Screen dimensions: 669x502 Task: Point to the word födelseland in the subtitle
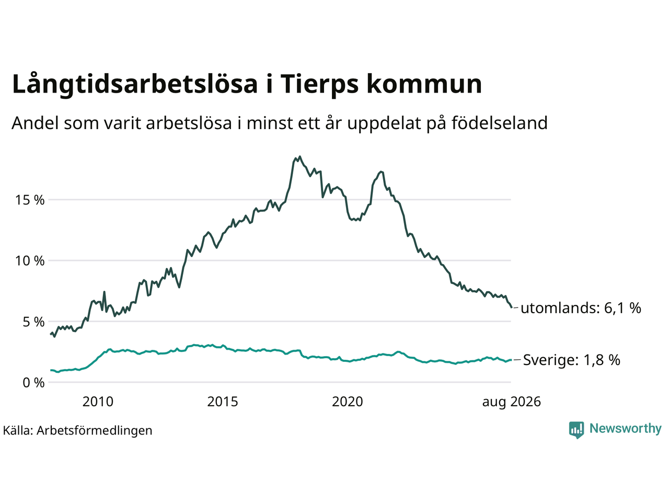(499, 123)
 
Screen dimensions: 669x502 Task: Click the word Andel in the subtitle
(36, 123)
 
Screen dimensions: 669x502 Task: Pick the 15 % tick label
(30, 200)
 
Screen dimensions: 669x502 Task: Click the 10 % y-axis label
(30, 261)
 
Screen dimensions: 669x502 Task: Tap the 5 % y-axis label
(34, 322)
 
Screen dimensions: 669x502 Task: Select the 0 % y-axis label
(34, 383)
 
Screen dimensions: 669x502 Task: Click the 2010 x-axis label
(98, 402)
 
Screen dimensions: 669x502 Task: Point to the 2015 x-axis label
(223, 402)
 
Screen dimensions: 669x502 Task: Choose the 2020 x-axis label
(348, 402)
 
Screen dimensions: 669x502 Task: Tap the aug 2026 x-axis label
(512, 402)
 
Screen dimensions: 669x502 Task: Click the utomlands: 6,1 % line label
(581, 308)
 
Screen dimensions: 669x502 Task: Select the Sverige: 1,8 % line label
(571, 360)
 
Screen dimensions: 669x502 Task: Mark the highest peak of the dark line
(299, 157)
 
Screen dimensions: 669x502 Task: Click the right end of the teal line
(511, 360)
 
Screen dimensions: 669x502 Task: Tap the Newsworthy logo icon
(576, 430)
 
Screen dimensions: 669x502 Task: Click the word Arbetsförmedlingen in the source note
(95, 431)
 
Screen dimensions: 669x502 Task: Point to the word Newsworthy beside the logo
(626, 429)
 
